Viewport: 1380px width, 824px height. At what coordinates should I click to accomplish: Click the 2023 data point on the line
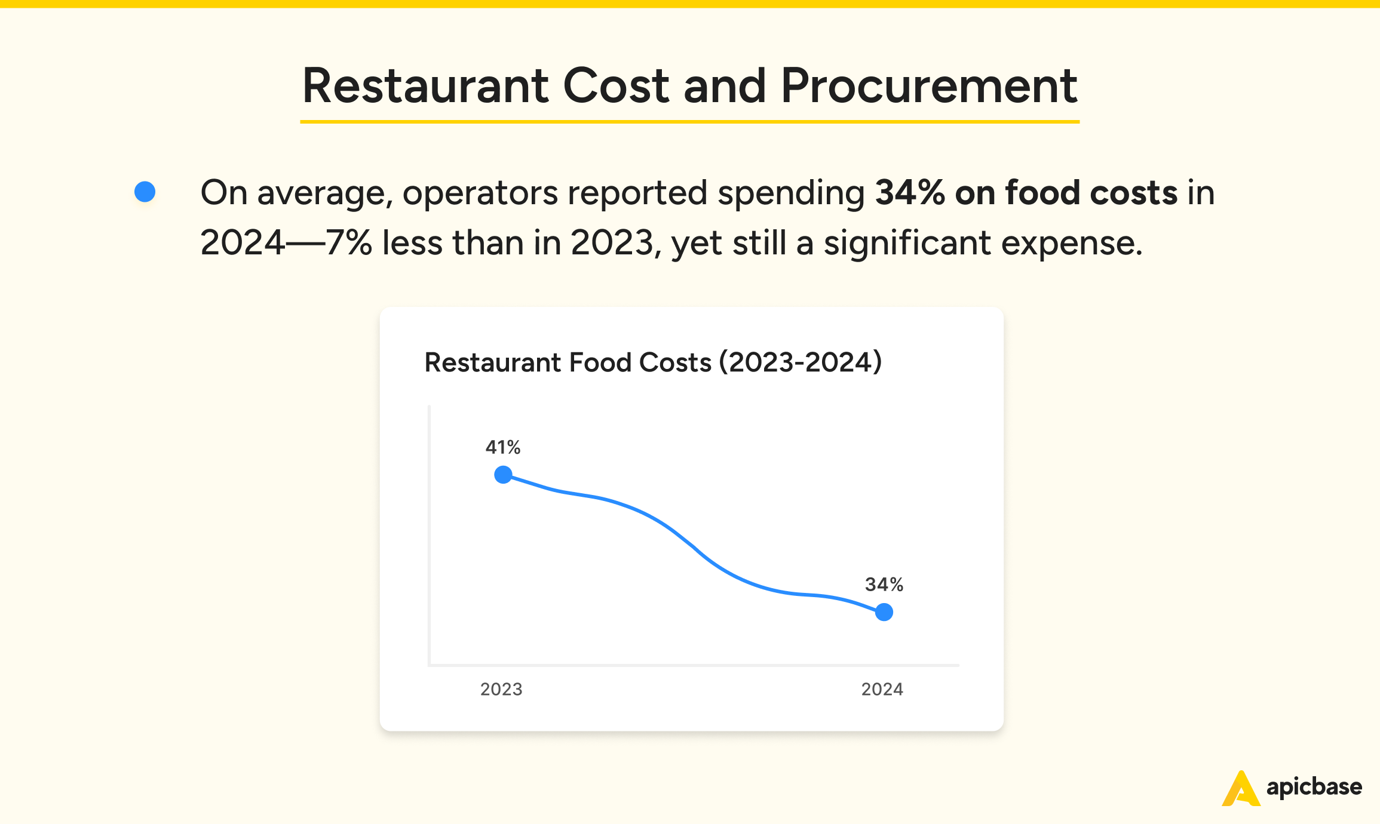[503, 475]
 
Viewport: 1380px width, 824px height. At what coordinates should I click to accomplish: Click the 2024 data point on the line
[884, 612]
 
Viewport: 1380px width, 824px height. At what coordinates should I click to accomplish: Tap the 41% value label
[502, 447]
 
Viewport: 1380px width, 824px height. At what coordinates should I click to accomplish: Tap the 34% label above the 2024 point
[884, 585]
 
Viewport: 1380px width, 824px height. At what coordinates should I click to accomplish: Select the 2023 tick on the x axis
[501, 689]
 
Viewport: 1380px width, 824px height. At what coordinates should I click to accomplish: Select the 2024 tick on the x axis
[882, 689]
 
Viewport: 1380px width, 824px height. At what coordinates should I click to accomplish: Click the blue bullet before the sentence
[145, 192]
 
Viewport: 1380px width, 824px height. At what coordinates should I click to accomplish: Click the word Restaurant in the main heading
[425, 86]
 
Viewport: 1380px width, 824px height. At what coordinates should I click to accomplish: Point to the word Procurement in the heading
[928, 86]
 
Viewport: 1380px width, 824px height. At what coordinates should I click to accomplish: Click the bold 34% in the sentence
[910, 193]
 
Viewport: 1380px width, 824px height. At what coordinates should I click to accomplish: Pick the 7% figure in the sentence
[349, 243]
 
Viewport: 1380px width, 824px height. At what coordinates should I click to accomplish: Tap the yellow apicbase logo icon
[1241, 789]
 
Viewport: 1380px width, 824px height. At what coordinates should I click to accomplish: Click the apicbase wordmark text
[1314, 787]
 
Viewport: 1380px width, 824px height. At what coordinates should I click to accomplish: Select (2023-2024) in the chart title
[801, 362]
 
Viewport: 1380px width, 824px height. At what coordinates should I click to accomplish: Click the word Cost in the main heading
[616, 86]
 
